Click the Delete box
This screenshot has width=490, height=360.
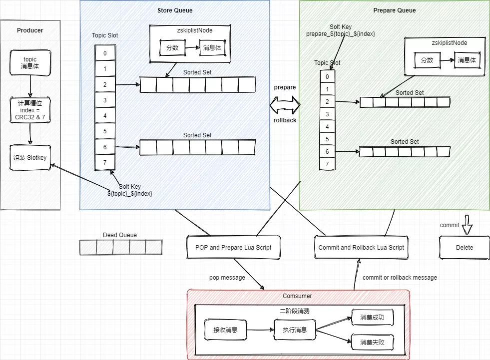(x=464, y=247)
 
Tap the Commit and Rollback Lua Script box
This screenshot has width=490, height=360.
(x=361, y=247)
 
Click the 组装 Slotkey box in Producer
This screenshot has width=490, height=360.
(x=30, y=157)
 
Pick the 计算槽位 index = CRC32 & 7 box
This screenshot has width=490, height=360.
(x=30, y=110)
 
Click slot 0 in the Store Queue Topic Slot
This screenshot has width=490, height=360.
(x=104, y=53)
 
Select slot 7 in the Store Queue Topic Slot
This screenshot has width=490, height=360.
(x=104, y=162)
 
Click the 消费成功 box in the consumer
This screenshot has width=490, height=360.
(x=372, y=317)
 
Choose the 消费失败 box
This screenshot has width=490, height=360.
(x=372, y=343)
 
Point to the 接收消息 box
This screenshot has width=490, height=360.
(x=225, y=330)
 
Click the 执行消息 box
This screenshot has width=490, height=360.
(x=295, y=330)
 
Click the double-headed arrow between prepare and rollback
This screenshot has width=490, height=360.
(x=285, y=104)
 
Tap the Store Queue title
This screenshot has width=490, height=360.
(x=175, y=10)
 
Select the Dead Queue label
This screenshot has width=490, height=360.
(x=120, y=235)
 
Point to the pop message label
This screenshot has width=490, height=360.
(x=227, y=278)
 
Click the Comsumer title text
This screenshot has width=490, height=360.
(x=297, y=296)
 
